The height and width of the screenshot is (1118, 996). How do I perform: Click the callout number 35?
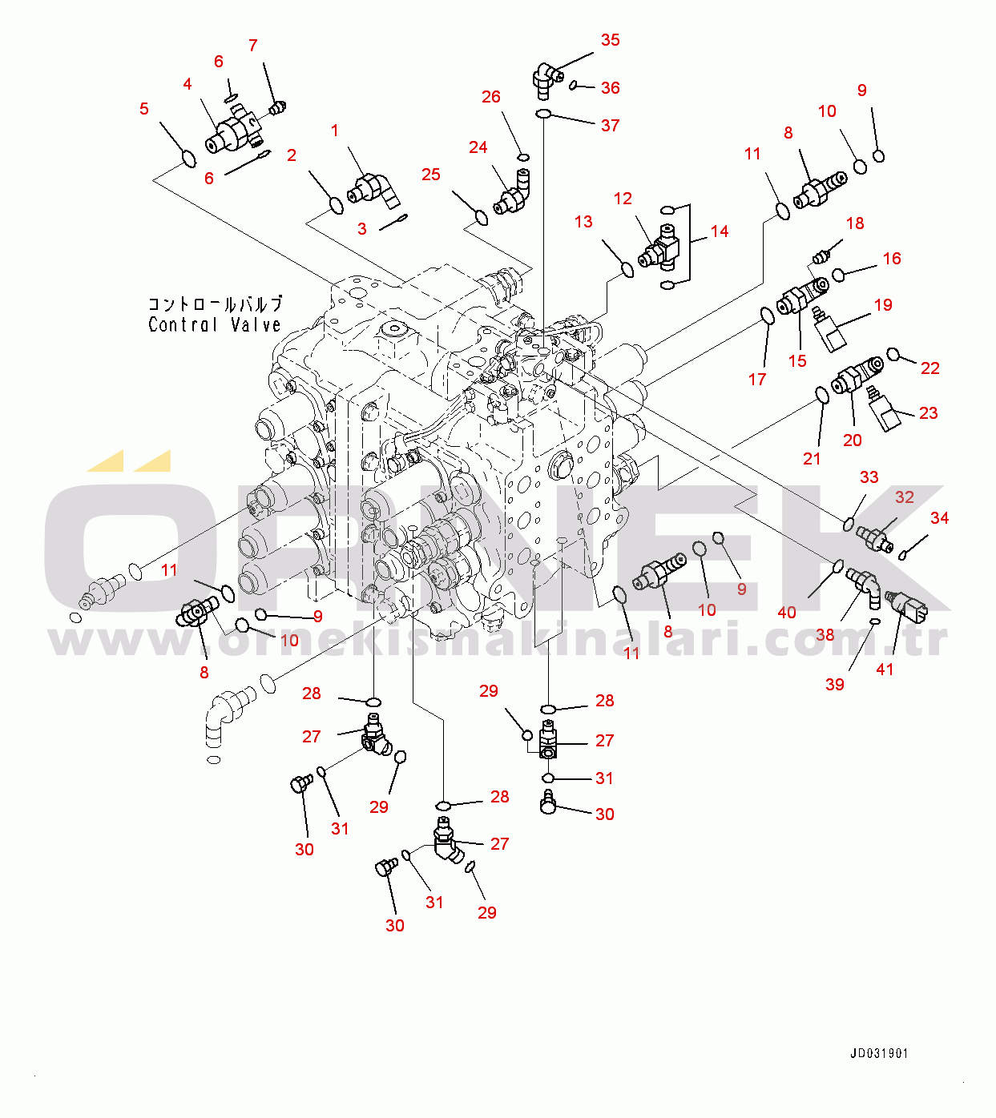(x=610, y=40)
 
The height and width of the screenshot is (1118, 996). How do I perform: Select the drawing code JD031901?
(x=879, y=1054)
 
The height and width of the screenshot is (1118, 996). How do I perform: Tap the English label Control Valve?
(x=215, y=324)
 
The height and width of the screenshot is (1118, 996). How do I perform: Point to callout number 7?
(x=253, y=46)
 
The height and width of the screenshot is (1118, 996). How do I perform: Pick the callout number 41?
(x=885, y=670)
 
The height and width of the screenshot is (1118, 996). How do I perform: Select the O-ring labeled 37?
(x=542, y=115)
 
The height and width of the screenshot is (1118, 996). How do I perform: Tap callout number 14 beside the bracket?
(x=720, y=231)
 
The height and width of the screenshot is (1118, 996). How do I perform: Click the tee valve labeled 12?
(x=661, y=248)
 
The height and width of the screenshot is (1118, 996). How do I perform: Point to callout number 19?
(x=883, y=305)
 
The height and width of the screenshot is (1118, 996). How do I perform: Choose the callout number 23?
(x=928, y=413)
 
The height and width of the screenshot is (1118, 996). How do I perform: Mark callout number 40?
(x=787, y=613)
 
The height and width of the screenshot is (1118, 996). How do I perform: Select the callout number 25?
(x=431, y=175)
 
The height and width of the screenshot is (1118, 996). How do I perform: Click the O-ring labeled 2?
(x=337, y=206)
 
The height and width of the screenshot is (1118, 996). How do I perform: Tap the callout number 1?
(x=335, y=131)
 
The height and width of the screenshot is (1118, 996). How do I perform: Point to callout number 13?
(x=583, y=222)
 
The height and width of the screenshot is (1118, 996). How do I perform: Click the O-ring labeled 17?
(x=767, y=316)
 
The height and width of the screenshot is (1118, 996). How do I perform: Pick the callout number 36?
(x=611, y=88)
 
